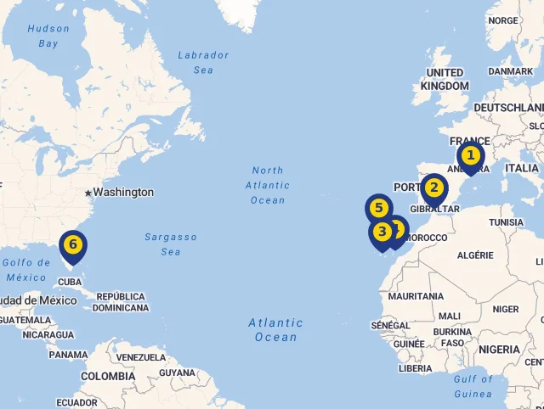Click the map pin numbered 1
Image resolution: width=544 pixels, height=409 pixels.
470,157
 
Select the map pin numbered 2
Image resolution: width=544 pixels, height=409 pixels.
433,188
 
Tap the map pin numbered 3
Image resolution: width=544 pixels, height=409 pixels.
382,231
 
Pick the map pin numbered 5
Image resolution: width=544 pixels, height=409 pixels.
378,209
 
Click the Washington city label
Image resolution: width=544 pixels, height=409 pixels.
123,193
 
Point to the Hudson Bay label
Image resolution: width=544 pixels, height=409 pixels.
48,36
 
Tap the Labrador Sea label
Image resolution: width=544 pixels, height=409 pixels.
203,62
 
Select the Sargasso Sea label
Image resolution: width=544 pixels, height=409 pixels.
171,244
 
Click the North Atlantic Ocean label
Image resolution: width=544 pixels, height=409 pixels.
268,185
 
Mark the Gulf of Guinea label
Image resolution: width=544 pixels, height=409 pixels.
473,386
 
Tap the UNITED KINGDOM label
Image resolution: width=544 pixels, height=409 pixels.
445,79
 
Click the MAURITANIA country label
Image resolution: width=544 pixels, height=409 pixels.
416,296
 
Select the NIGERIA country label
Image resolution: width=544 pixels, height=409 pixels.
499,349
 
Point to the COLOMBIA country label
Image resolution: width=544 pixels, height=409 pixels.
108,376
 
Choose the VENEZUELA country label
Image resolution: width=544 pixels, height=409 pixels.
140,357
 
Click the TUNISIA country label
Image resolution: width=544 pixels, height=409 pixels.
507,222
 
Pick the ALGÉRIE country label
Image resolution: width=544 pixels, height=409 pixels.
475,255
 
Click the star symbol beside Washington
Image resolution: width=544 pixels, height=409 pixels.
88,193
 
